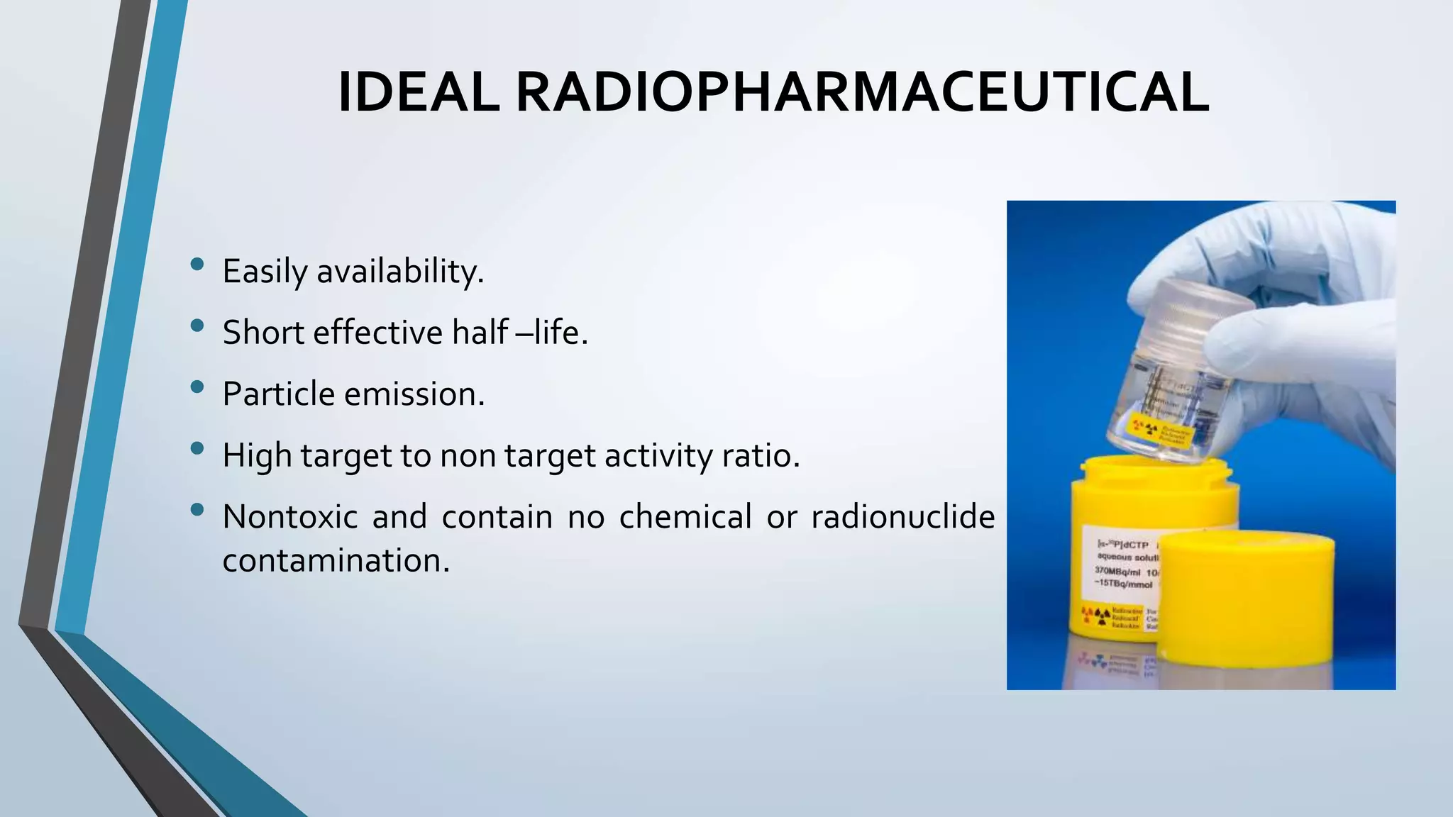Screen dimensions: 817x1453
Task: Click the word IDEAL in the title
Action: (x=419, y=93)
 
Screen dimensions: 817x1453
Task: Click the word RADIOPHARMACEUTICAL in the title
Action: (x=862, y=93)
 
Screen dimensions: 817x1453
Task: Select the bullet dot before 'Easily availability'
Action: (x=197, y=265)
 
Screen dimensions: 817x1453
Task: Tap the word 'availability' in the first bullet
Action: (x=399, y=271)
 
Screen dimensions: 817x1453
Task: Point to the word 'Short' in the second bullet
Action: (x=263, y=332)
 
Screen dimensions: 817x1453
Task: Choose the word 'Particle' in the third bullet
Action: (x=277, y=394)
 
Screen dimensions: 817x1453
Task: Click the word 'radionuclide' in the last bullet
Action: (x=902, y=516)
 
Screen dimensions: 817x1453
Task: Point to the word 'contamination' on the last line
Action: (x=336, y=560)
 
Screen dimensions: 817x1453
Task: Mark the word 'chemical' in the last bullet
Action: (x=685, y=516)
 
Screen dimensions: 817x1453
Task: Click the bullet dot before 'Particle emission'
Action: (x=197, y=387)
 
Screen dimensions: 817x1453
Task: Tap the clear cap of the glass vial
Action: (x=1199, y=312)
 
